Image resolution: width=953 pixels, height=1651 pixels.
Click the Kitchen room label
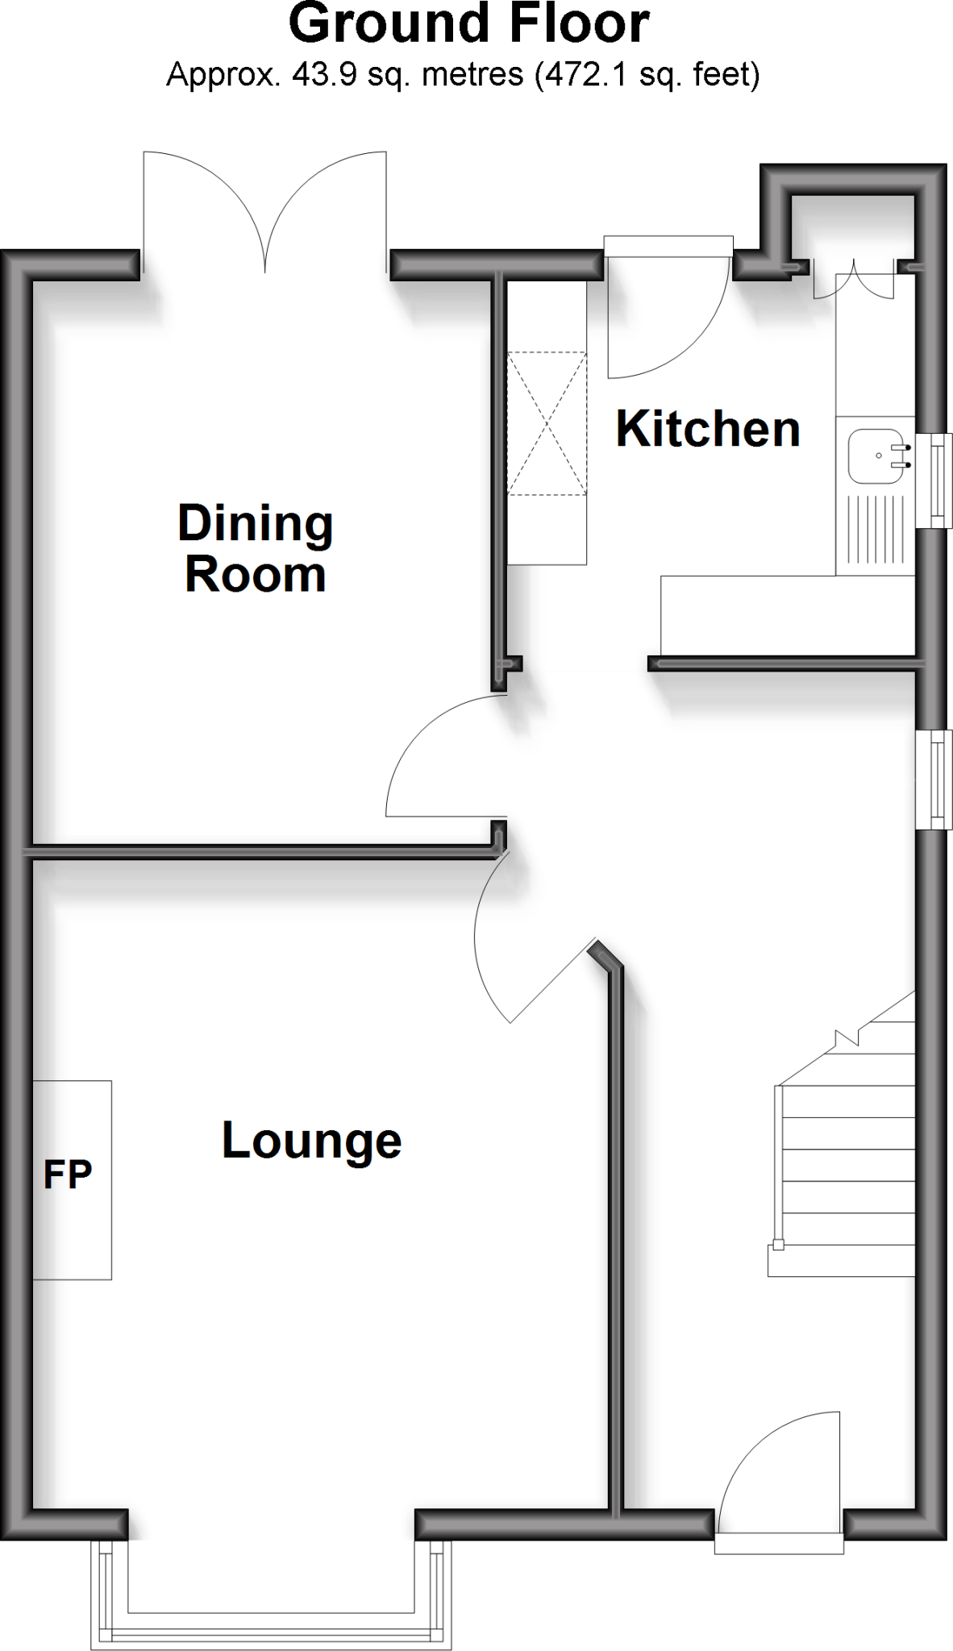click(708, 429)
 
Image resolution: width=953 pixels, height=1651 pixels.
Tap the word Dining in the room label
click(255, 524)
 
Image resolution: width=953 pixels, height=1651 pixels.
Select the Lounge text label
click(311, 1140)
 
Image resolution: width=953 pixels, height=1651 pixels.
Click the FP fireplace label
click(68, 1175)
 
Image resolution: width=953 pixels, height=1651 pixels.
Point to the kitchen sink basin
click(874, 455)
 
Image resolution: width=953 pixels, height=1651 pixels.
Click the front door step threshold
click(779, 1543)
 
